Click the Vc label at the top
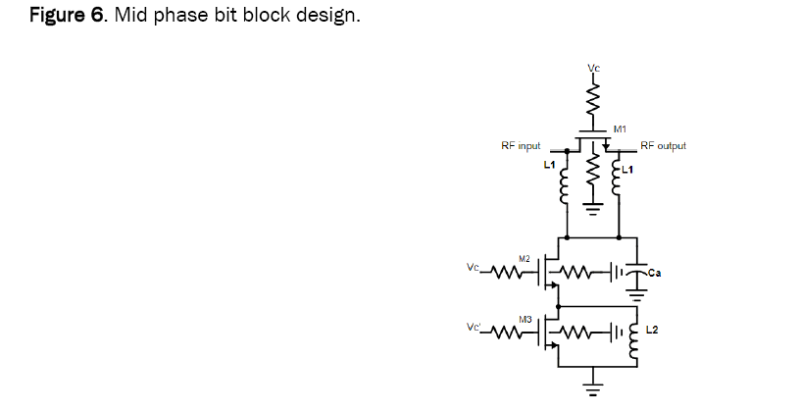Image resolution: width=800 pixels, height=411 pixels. [x=592, y=68]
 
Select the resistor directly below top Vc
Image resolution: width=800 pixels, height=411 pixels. [x=592, y=96]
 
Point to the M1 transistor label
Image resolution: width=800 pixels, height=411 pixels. [x=620, y=128]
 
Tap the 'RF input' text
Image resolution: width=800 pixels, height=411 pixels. [x=521, y=145]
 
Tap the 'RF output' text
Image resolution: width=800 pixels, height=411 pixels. [x=663, y=145]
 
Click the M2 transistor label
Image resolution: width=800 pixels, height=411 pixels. [x=525, y=258]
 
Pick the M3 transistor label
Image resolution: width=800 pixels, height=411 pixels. [x=525, y=320]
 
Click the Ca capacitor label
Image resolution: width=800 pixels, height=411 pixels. [x=654, y=273]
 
